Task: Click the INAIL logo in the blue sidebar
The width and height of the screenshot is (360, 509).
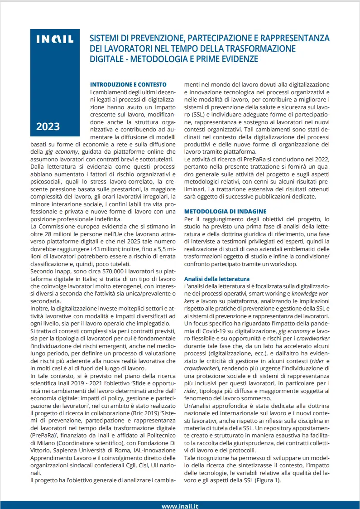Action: [55, 40]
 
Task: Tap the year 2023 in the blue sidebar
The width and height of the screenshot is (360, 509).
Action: [48, 126]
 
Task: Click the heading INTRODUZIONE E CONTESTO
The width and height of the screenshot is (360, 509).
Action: [128, 84]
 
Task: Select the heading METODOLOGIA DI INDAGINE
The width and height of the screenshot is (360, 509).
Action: [225, 211]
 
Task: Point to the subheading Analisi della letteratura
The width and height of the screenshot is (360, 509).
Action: [216, 278]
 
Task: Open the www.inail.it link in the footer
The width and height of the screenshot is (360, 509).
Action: [180, 506]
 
